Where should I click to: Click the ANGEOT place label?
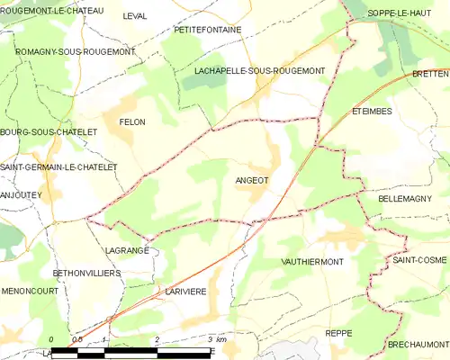251,179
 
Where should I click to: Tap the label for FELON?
131,121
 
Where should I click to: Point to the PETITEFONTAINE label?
209,30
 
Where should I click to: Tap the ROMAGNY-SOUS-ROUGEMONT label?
76,51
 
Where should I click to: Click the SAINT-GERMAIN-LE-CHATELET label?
58,167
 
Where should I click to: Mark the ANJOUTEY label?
22,193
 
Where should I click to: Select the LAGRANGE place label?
126,251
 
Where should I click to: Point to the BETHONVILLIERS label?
85,272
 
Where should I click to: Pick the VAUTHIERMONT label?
312,261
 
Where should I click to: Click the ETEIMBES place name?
370,112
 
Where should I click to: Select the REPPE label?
339,332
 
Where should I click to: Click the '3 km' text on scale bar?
216,339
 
